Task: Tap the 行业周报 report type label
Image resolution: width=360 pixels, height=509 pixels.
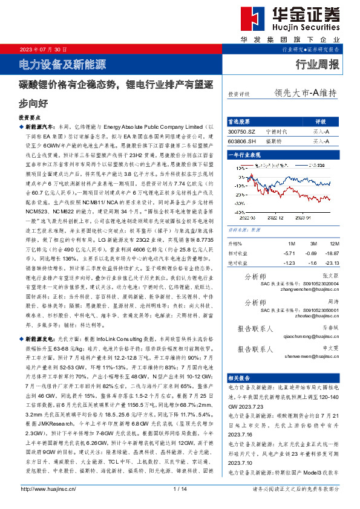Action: (317, 65)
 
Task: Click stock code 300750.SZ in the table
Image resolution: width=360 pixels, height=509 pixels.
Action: (242, 131)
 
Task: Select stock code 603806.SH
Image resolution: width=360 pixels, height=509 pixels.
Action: (242, 141)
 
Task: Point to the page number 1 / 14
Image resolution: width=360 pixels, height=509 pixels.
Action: (180, 488)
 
